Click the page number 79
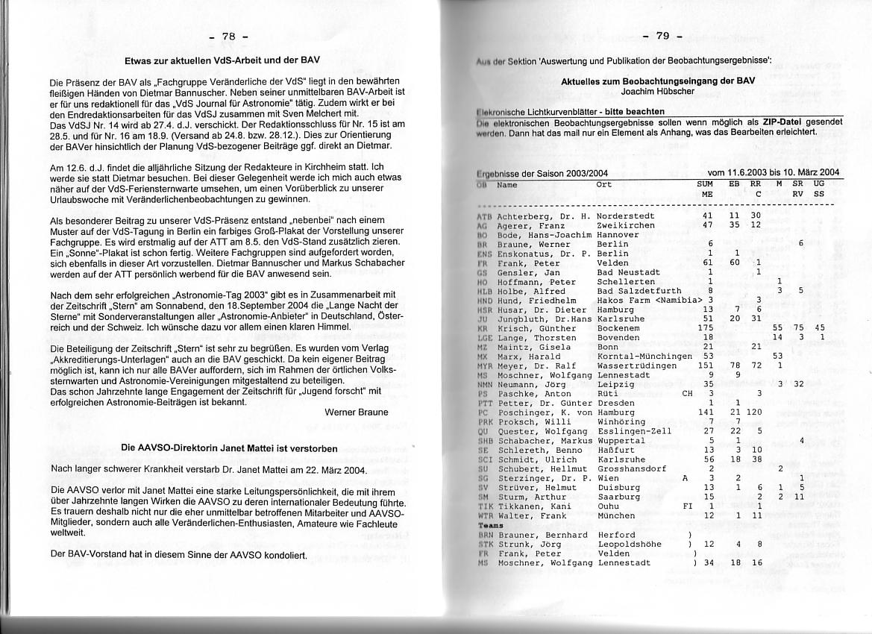tap(663, 36)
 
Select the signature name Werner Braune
tap(357, 412)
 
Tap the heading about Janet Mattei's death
tap(229, 448)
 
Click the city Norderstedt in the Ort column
tap(626, 216)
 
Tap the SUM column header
tap(705, 183)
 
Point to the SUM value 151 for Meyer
tap(705, 365)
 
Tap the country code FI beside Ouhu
tap(688, 506)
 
